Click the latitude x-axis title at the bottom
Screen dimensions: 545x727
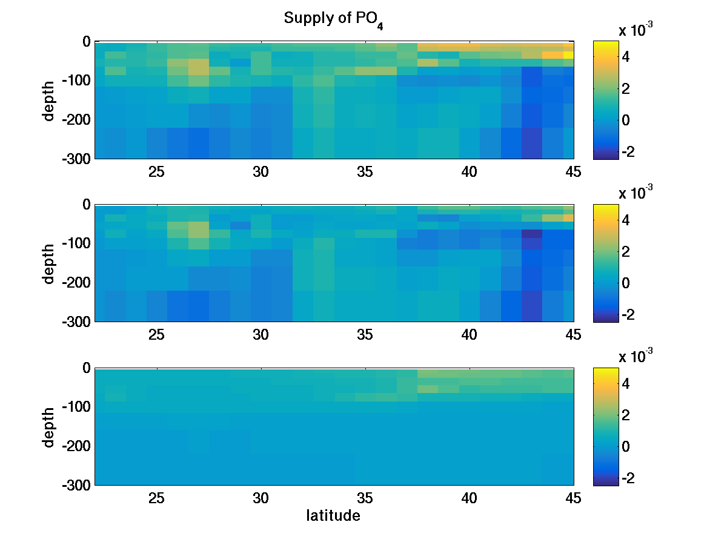point(333,516)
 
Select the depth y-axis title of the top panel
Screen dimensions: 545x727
point(49,100)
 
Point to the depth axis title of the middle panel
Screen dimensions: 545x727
point(49,263)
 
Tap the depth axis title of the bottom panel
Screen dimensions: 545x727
point(49,427)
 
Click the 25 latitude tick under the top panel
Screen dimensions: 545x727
point(157,172)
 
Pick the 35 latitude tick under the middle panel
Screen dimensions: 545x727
point(365,335)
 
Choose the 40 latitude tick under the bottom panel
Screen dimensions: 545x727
point(470,498)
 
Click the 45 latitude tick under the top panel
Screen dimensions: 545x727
point(573,172)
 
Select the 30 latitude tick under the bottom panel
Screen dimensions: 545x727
point(261,498)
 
